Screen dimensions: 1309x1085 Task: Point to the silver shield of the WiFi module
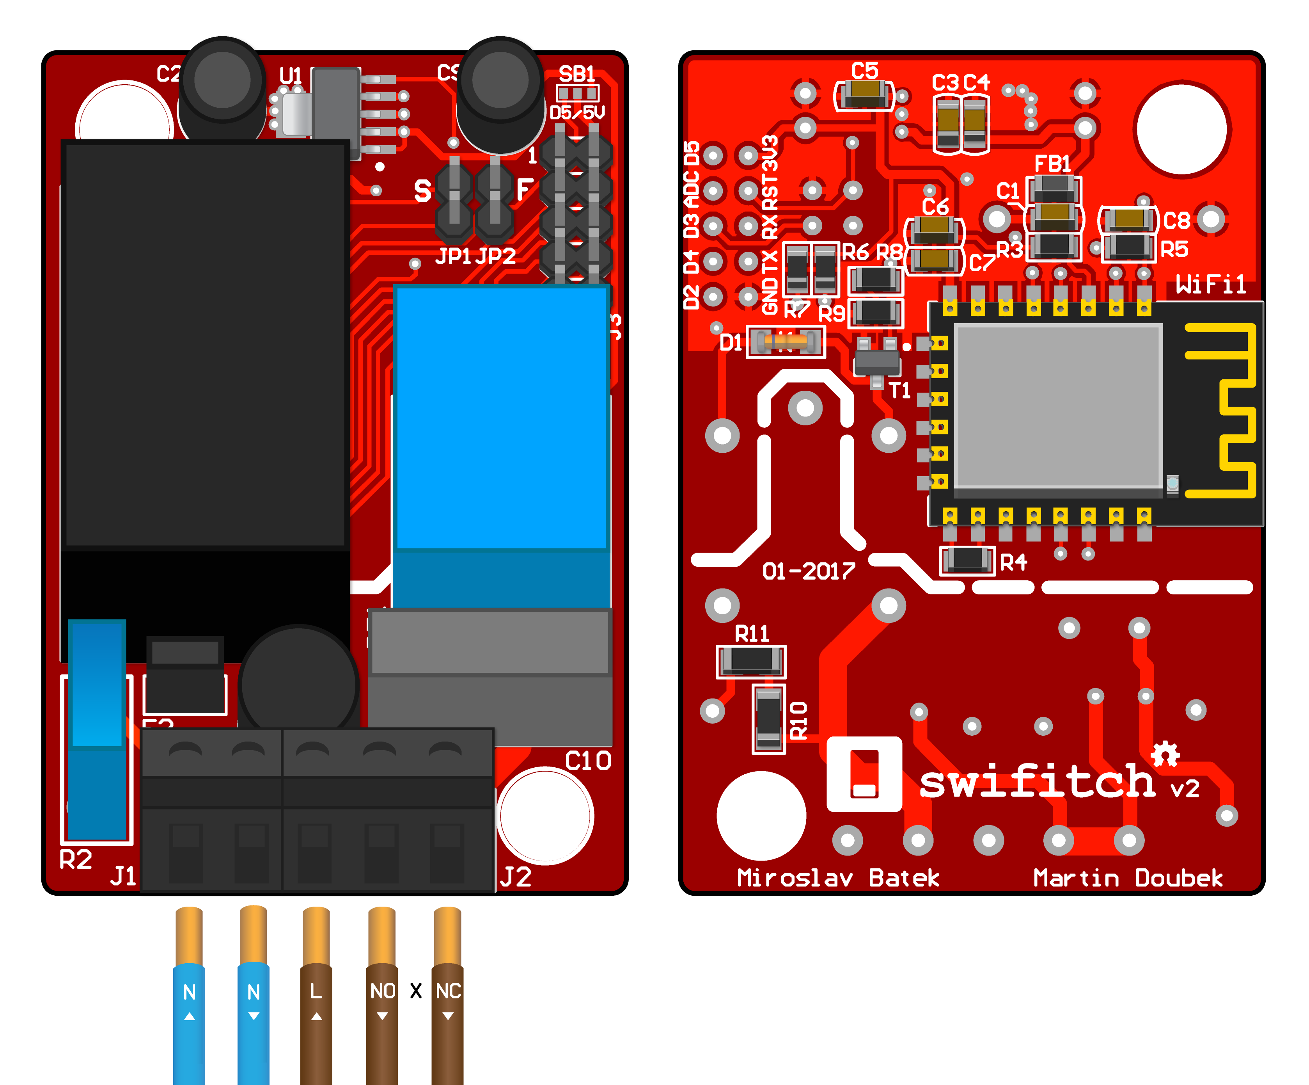click(1058, 406)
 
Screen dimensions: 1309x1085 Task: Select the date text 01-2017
click(809, 571)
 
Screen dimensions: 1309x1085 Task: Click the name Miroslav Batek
click(838, 878)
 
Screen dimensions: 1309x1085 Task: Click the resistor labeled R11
click(751, 662)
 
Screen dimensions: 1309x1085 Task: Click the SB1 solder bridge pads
click(577, 94)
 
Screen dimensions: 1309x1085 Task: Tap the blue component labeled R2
click(97, 729)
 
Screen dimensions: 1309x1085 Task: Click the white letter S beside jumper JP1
click(423, 191)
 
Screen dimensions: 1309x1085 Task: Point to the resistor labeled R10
click(768, 719)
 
